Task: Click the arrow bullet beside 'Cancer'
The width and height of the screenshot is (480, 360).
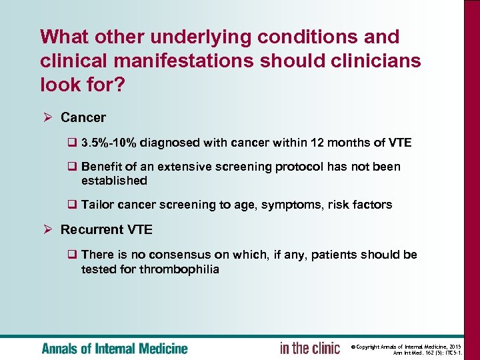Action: click(x=47, y=118)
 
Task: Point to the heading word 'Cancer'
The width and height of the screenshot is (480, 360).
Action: click(x=83, y=118)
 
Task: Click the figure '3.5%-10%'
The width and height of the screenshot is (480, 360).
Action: click(x=109, y=143)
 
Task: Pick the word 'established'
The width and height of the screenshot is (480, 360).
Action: click(x=114, y=181)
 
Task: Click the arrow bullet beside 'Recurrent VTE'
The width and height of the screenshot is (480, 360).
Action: click(x=47, y=230)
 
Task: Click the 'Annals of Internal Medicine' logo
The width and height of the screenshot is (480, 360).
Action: click(x=115, y=348)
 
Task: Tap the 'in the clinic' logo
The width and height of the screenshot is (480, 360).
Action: click(x=310, y=348)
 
